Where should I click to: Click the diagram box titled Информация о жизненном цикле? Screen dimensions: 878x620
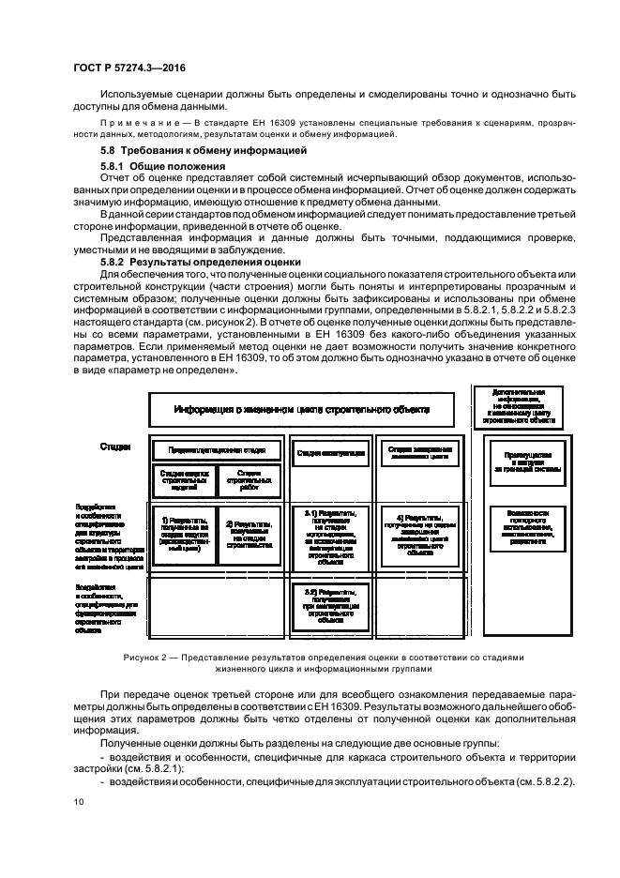[x=302, y=409]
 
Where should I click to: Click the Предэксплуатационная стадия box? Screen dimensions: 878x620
[x=216, y=451]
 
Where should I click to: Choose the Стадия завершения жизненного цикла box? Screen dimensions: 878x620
[x=420, y=451]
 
